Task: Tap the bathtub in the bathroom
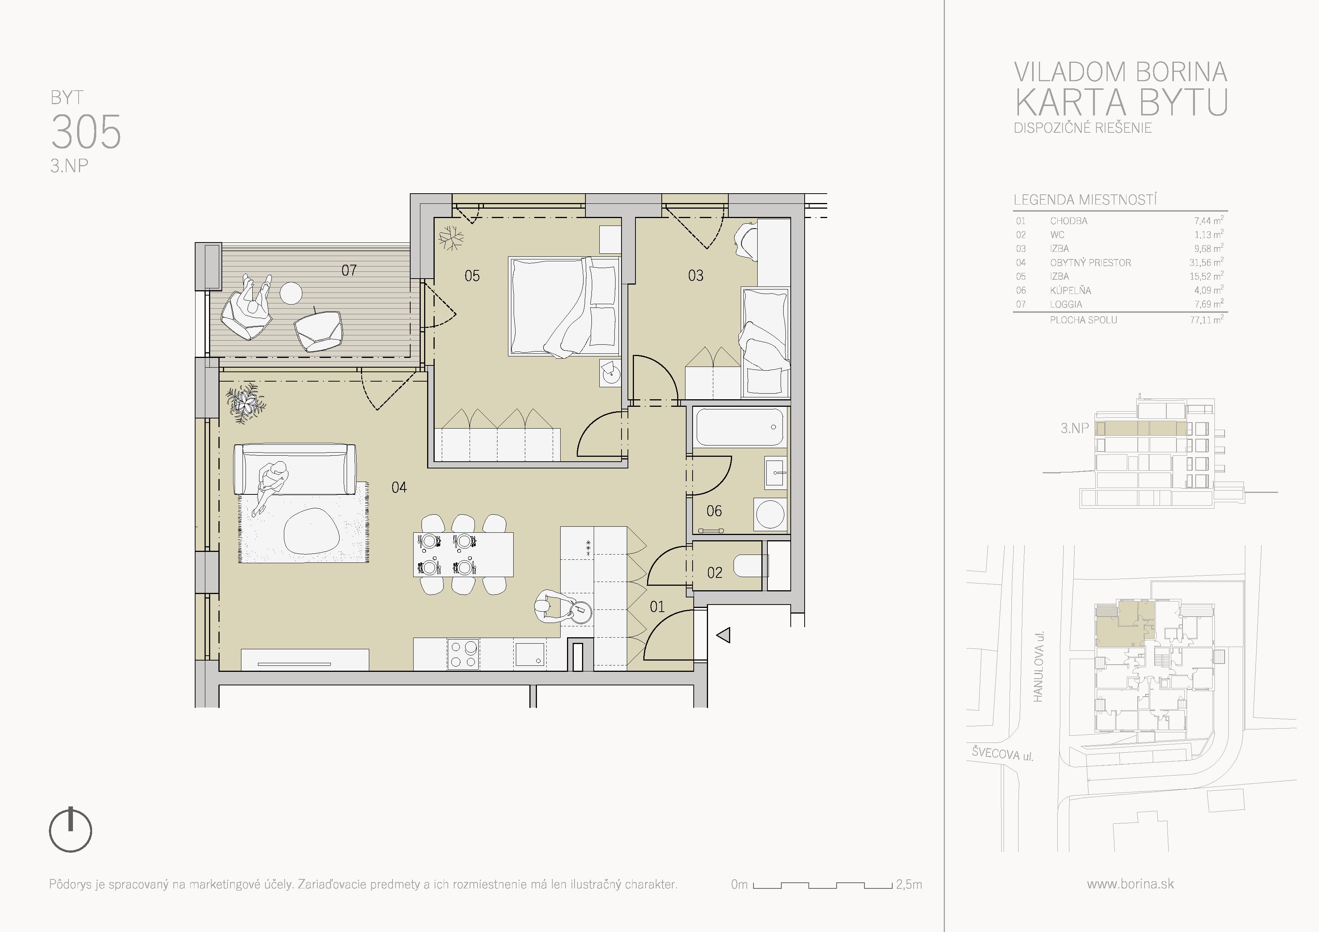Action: pyautogui.click(x=739, y=427)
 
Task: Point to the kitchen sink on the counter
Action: pyautogui.click(x=530, y=655)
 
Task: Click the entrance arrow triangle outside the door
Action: pyautogui.click(x=724, y=635)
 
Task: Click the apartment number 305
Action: pyautogui.click(x=86, y=132)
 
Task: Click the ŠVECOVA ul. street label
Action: pyautogui.click(x=1002, y=753)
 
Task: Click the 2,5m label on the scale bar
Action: pyautogui.click(x=909, y=884)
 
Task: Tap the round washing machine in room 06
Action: pyautogui.click(x=770, y=514)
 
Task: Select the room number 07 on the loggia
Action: pyautogui.click(x=349, y=270)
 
